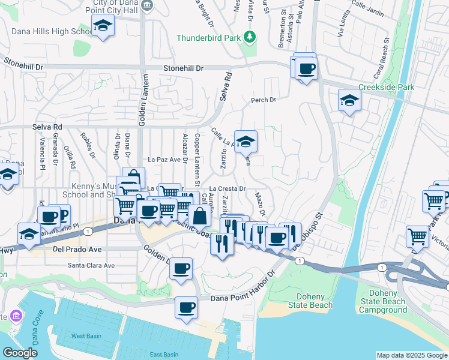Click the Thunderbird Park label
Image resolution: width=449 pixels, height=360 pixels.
point(208,38)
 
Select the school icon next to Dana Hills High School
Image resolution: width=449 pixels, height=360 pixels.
point(103,26)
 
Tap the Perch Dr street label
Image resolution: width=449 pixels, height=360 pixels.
point(264,100)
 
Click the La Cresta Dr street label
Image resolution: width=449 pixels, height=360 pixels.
point(228,188)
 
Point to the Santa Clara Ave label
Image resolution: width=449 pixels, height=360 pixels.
point(91,265)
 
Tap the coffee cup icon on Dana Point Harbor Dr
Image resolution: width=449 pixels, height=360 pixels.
point(186,308)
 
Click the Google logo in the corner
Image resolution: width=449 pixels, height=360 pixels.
point(20,353)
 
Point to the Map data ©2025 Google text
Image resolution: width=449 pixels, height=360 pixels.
point(411,355)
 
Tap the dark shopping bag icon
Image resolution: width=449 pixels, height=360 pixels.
point(199,217)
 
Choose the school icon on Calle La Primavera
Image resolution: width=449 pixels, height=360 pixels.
point(245,142)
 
